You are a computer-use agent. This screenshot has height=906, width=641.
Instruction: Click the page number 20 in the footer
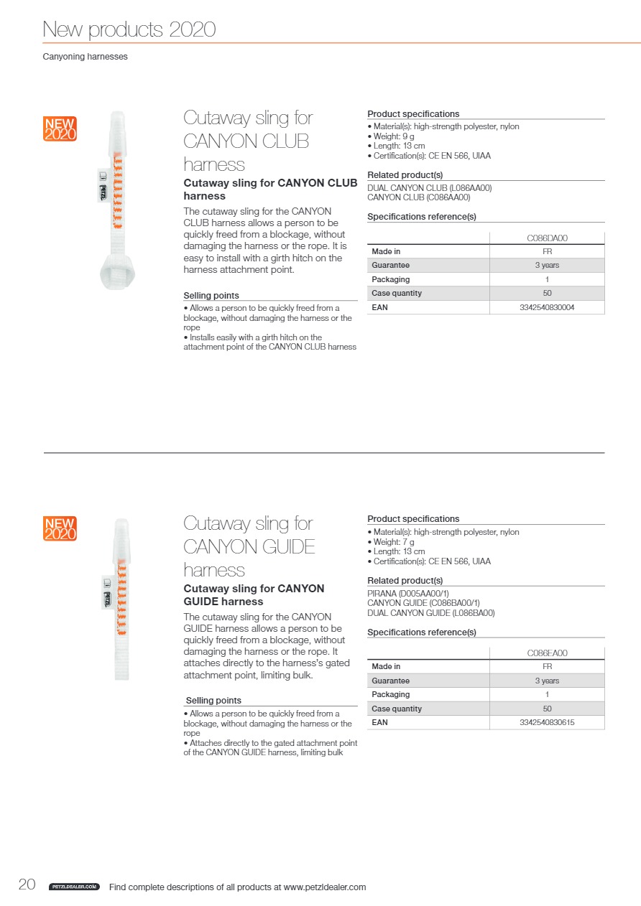click(27, 884)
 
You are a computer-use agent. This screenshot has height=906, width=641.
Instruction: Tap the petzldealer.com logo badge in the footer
click(74, 887)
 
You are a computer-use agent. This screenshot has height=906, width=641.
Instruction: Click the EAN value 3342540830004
click(547, 307)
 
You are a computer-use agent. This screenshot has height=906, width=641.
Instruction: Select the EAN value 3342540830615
click(547, 722)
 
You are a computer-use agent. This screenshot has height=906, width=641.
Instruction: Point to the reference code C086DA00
click(547, 238)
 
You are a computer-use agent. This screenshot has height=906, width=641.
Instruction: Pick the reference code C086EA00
click(547, 653)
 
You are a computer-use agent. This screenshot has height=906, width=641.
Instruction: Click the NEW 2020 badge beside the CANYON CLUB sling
click(60, 129)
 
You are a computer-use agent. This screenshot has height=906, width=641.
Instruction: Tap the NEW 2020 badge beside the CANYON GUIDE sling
click(60, 528)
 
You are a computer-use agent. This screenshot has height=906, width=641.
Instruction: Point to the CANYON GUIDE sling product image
click(119, 599)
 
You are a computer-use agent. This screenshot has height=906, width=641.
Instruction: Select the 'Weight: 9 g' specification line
click(393, 136)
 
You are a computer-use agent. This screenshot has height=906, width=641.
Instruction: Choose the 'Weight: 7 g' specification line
click(393, 542)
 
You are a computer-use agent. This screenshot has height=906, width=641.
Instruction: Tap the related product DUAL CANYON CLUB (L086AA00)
click(430, 188)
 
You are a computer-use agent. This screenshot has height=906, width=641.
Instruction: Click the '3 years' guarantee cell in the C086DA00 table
click(547, 266)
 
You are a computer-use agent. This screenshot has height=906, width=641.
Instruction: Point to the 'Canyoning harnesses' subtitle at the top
click(85, 57)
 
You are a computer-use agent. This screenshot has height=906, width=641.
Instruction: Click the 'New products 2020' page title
click(129, 29)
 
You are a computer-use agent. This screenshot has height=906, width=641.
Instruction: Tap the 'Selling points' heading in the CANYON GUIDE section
click(213, 701)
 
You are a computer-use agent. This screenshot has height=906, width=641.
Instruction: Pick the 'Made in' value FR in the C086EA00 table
click(547, 667)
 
